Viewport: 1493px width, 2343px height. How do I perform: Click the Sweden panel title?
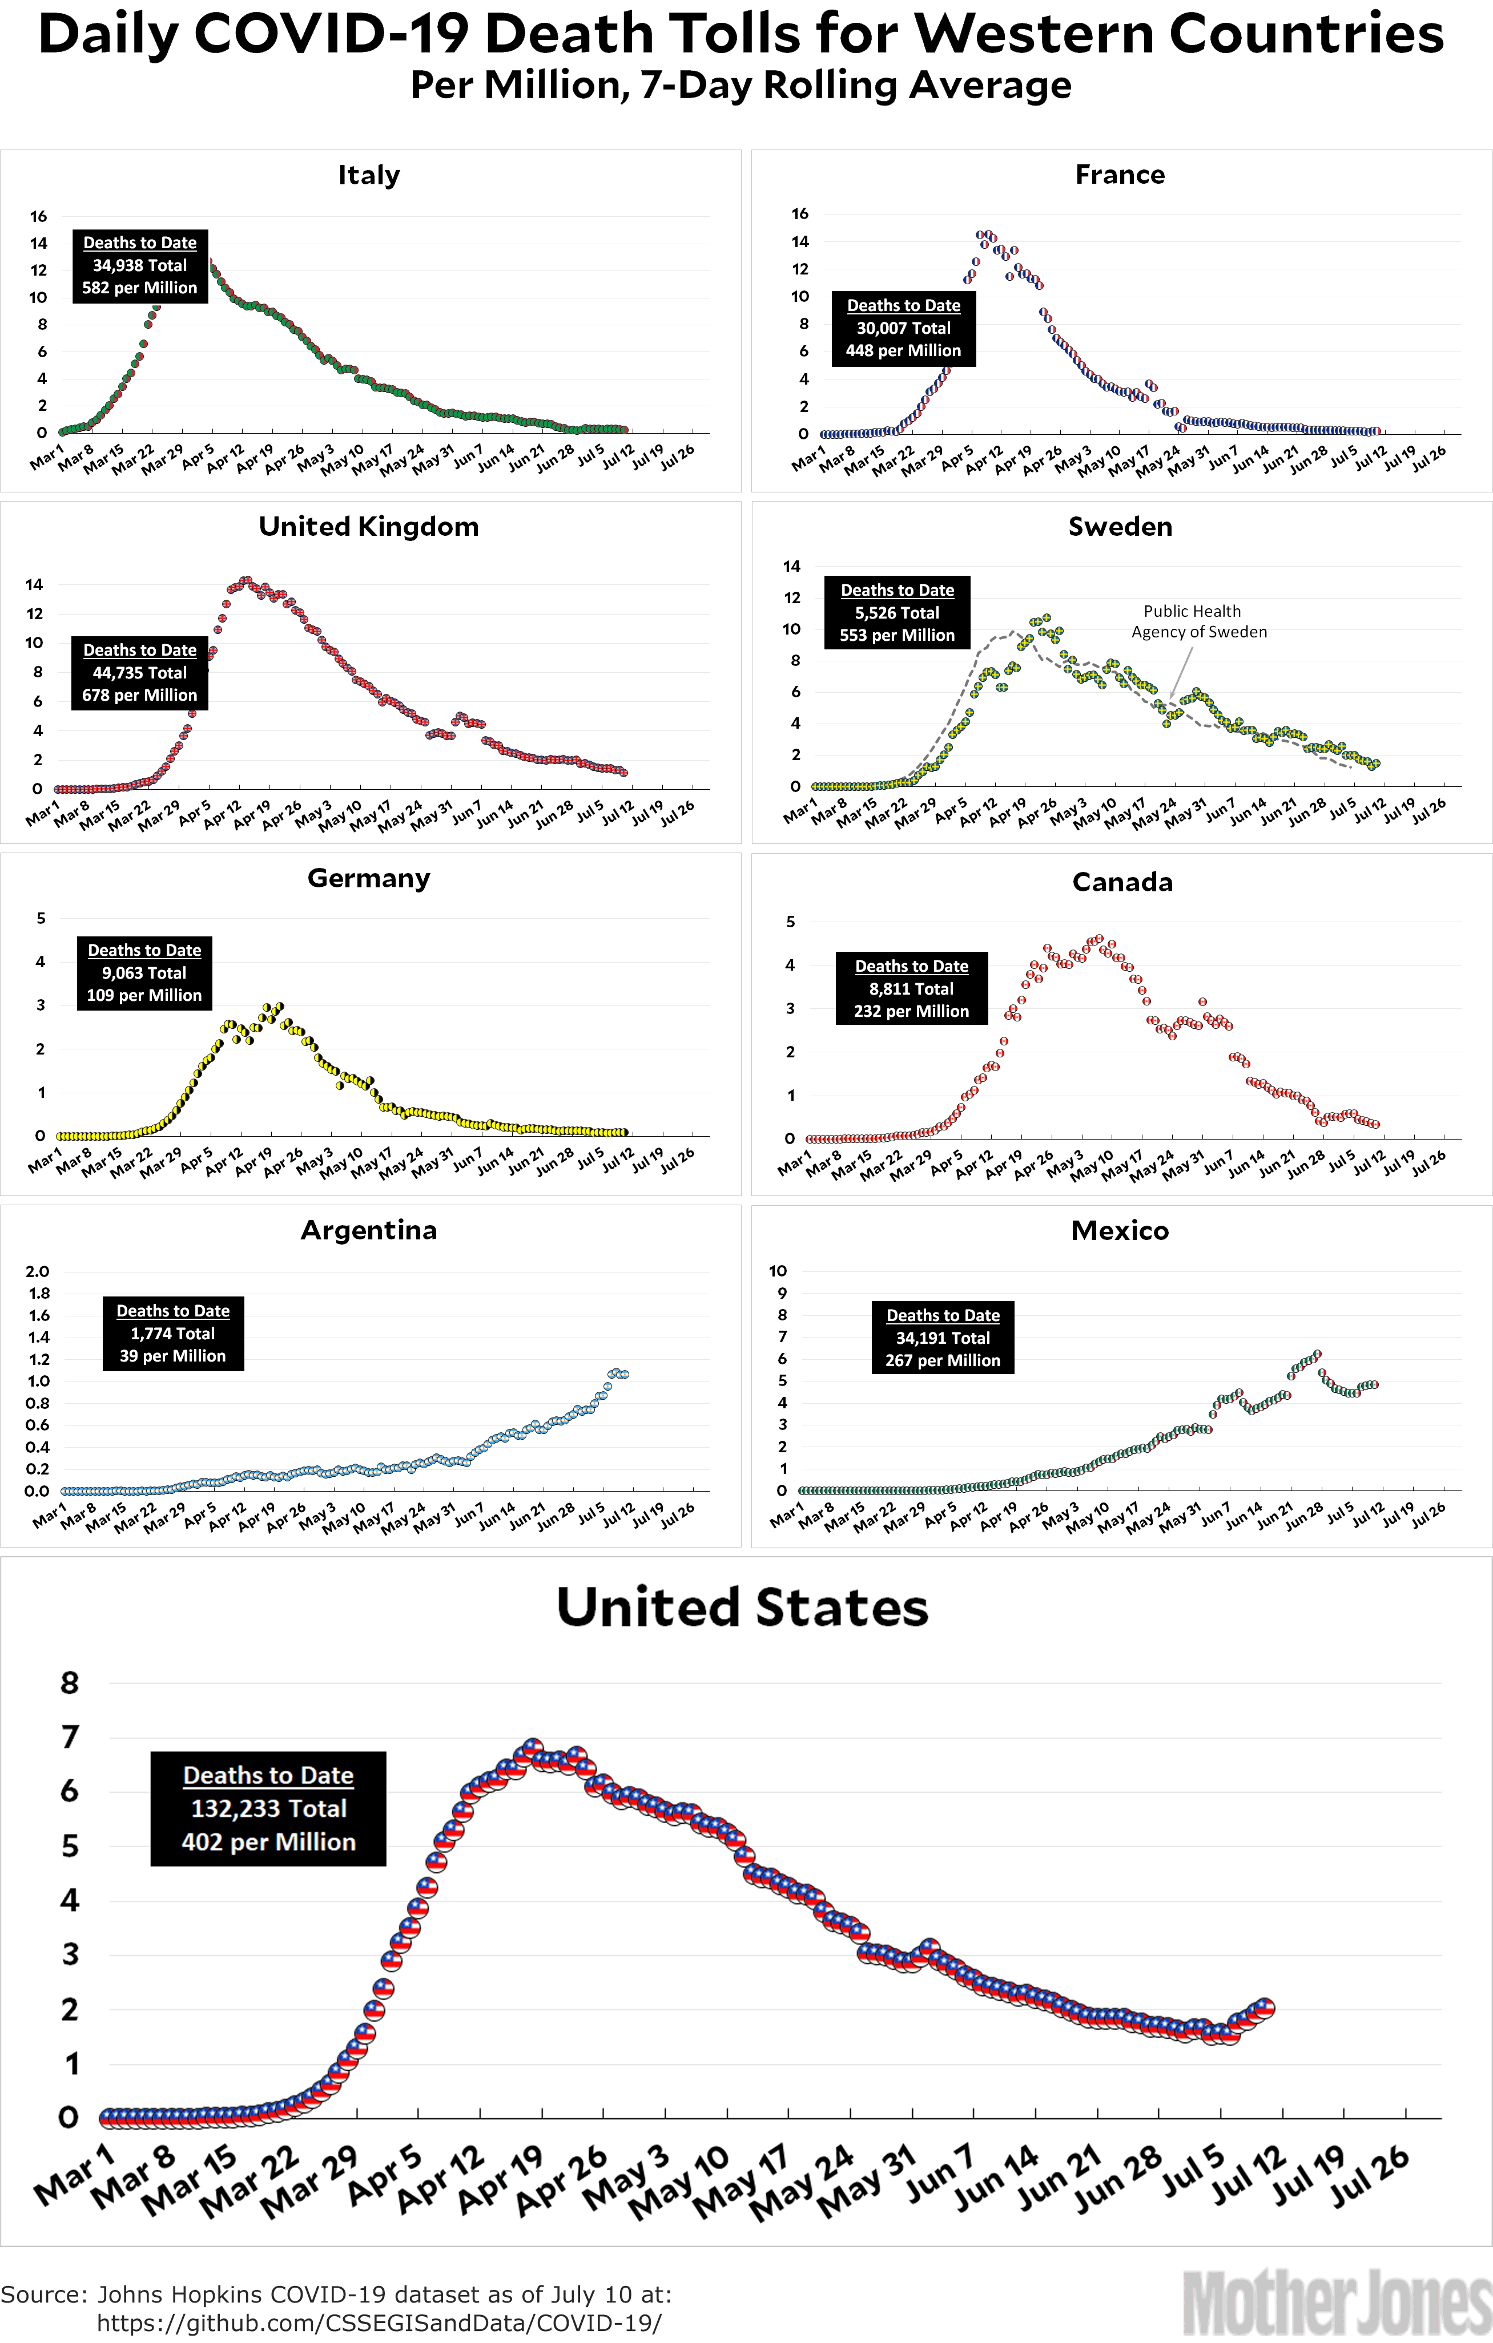[x=1120, y=526]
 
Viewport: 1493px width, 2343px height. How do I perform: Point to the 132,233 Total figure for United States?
[x=268, y=1808]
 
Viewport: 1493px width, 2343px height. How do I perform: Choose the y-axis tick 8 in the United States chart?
[x=69, y=1682]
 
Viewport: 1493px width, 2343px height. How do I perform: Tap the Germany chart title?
[x=369, y=878]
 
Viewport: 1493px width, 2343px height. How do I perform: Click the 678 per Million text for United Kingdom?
[x=140, y=694]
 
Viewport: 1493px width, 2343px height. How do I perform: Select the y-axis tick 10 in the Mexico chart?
[x=778, y=1271]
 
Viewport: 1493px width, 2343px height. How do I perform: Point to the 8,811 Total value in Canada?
[x=912, y=988]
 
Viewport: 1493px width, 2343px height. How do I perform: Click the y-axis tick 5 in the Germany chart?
[x=41, y=918]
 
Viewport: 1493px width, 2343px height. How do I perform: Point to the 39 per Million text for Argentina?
[x=173, y=1355]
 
